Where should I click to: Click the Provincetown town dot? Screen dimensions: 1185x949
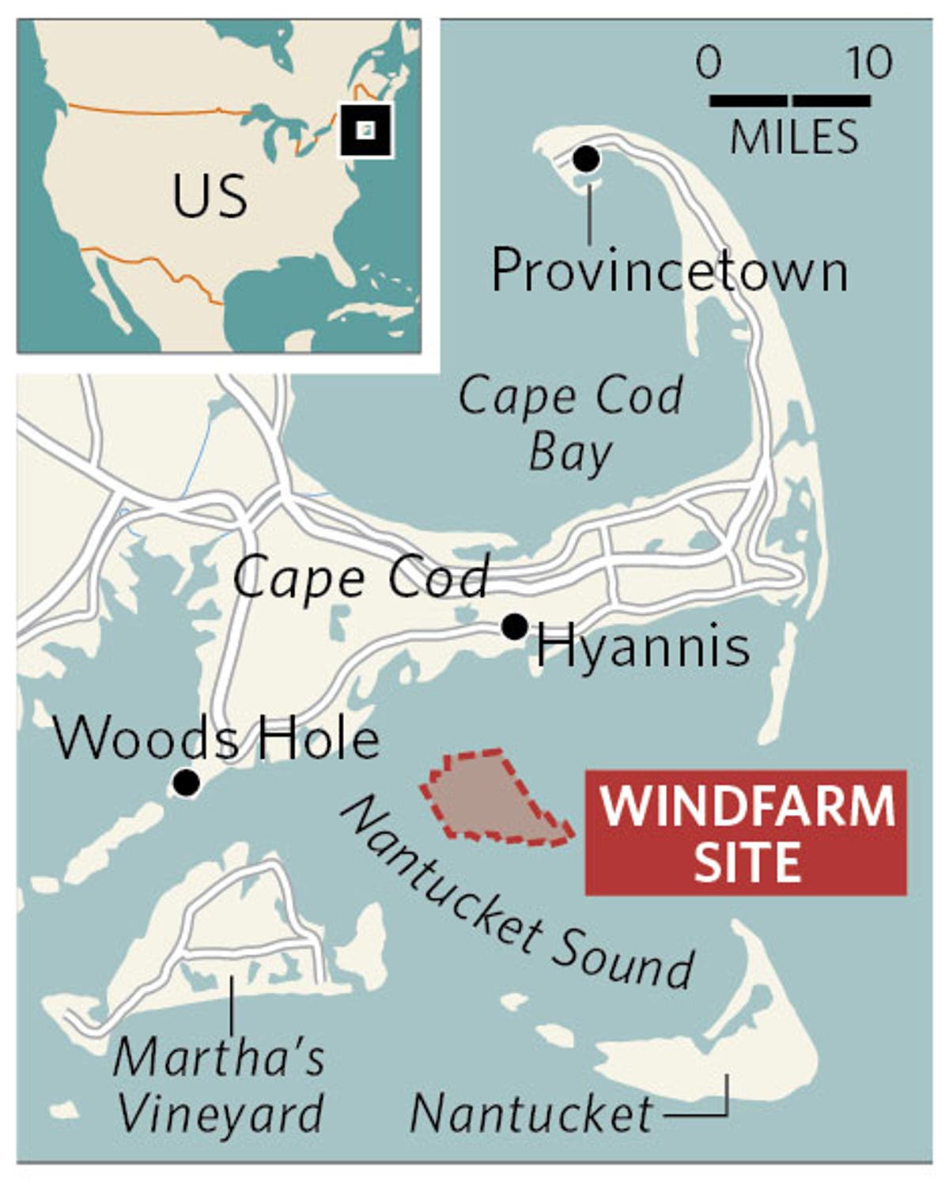click(x=586, y=159)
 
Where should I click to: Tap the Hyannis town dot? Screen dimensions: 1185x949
click(x=515, y=627)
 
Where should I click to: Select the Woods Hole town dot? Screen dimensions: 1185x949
click(x=187, y=783)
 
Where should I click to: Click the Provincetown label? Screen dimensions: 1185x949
click(x=669, y=271)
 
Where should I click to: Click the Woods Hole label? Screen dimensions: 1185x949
click(x=216, y=739)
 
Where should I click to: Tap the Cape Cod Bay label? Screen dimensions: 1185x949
click(x=570, y=422)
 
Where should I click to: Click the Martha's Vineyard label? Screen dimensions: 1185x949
click(x=219, y=1084)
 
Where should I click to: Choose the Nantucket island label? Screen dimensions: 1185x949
click(x=531, y=1114)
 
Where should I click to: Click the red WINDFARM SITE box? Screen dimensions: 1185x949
click(x=746, y=832)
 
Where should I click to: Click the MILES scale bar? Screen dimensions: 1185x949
click(x=790, y=100)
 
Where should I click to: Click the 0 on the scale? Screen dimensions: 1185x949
click(x=709, y=62)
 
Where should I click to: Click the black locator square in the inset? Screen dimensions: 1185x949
click(x=365, y=130)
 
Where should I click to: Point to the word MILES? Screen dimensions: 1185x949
click(x=793, y=137)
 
